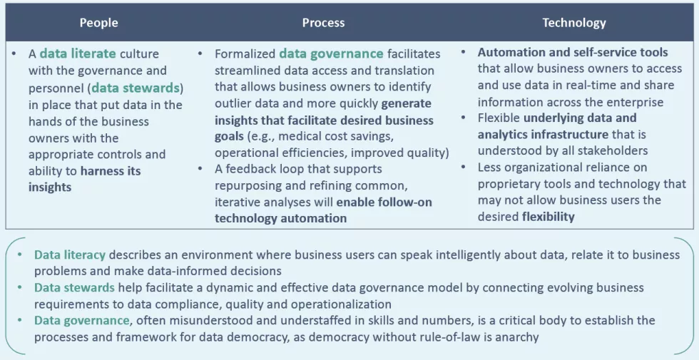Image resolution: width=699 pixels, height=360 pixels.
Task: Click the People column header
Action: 98,23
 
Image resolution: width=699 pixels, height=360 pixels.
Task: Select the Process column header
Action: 323,23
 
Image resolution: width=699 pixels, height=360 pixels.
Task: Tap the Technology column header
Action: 573,23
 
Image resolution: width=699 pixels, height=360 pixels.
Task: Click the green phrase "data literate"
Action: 78,54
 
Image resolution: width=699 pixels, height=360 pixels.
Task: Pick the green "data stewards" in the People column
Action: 136,88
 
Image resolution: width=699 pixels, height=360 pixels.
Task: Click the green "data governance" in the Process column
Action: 331,54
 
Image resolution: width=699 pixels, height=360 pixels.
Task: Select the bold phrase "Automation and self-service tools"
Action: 573,52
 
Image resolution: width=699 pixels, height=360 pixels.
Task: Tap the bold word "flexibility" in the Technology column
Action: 549,217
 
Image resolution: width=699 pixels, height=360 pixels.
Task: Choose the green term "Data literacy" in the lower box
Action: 70,255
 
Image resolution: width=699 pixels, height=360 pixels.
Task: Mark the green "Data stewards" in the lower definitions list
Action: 74,288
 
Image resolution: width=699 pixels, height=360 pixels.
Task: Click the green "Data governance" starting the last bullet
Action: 82,320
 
